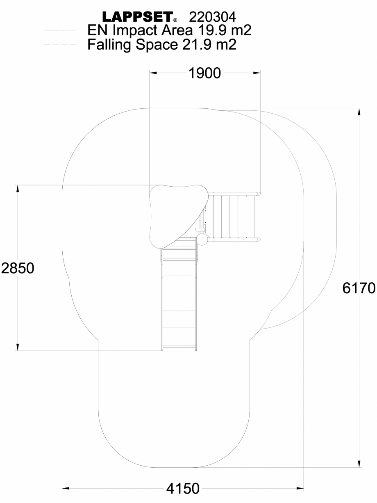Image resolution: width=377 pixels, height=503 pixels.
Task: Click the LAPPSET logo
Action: [137, 17]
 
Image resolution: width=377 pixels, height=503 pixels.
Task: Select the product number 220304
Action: [212, 17]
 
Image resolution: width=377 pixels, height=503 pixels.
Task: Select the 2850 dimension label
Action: [17, 268]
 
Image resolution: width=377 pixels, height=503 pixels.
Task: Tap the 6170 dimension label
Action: [359, 288]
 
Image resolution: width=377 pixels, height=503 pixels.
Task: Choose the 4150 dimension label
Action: [183, 489]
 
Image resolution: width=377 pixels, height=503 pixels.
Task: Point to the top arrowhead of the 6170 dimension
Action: [360, 112]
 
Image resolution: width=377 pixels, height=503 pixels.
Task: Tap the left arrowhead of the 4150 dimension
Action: [66, 489]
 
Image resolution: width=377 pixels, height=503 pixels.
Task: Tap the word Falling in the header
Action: [108, 44]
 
